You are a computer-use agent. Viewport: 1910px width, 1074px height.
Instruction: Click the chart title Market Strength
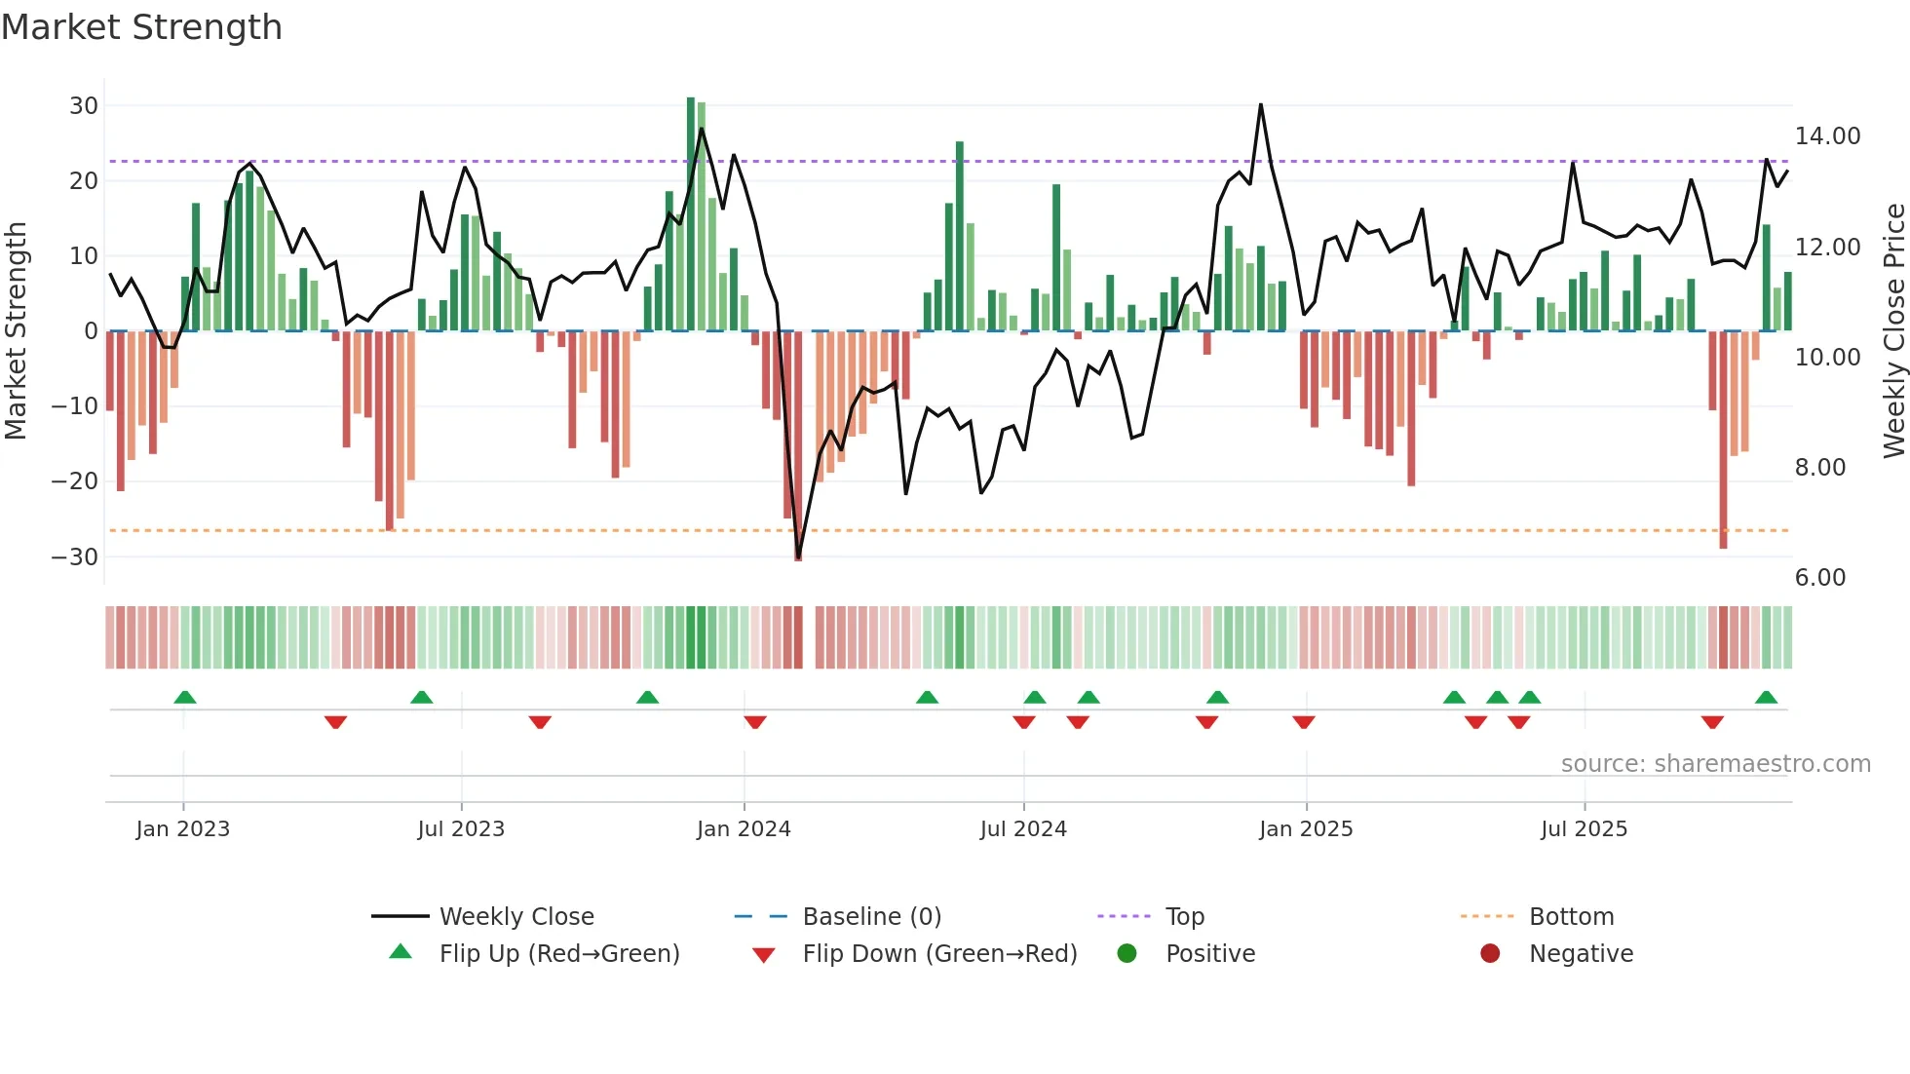tap(141, 27)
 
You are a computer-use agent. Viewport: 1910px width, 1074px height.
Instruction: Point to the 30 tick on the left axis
tap(84, 105)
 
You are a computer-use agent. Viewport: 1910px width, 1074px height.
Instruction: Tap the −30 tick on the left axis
tap(75, 557)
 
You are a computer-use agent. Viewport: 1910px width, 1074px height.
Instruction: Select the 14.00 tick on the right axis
tap(1827, 136)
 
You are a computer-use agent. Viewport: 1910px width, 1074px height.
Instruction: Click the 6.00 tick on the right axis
tap(1819, 578)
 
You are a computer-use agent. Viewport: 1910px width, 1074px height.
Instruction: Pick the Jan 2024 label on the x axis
tap(744, 829)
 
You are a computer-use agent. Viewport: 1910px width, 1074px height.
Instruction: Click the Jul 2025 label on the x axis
tap(1584, 829)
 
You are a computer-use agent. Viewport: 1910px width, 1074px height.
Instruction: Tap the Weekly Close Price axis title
tap(1893, 331)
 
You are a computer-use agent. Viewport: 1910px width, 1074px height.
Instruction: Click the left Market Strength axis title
tap(16, 331)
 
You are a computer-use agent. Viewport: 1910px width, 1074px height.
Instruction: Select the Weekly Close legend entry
tap(516, 917)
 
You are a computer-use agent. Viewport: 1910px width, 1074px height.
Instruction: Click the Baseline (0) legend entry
tap(871, 917)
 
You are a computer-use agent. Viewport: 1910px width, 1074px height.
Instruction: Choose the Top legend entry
tap(1184, 917)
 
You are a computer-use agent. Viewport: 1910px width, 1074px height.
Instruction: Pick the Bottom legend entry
tap(1571, 917)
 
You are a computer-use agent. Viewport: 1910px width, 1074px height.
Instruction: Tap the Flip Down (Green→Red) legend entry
tap(939, 954)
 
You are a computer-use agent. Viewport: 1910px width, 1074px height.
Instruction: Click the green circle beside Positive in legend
tap(1127, 954)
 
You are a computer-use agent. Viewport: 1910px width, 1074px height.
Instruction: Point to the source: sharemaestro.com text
tap(1715, 764)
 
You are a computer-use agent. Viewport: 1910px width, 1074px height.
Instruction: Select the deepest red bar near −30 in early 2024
tap(798, 448)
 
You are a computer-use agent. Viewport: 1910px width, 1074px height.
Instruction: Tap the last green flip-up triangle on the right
tap(1766, 698)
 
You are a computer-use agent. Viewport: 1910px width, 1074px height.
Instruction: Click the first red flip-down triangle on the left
tap(335, 722)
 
